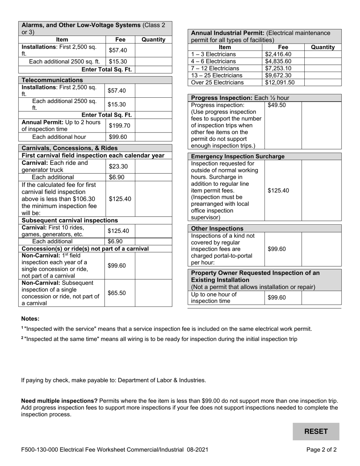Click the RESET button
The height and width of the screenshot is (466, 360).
[316, 432]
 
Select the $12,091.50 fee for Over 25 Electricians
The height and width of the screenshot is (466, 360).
[280, 82]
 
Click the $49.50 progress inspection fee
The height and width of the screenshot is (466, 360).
[276, 105]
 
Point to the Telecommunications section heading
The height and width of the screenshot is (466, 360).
[52, 80]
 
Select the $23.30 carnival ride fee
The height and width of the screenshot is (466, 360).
[118, 166]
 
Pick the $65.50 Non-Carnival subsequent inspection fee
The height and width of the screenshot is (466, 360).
[117, 293]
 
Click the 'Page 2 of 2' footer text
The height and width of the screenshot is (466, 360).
[321, 450]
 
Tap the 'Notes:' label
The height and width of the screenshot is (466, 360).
[30, 319]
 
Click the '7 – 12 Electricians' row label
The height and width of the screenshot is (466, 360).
[215, 68]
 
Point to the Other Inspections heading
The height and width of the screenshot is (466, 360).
[218, 228]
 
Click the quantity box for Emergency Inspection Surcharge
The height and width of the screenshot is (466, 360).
[321, 190]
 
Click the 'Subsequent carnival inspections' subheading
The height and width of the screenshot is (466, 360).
[70, 220]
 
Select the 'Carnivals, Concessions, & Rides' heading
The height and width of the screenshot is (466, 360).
[70, 148]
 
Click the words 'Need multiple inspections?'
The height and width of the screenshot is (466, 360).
[59, 400]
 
